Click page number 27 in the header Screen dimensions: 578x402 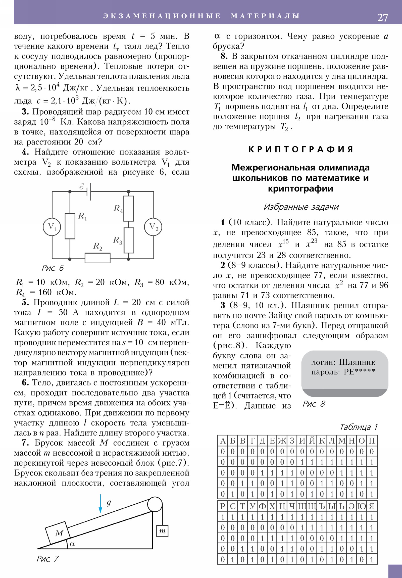tap(382, 18)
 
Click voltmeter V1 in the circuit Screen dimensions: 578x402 tap(52, 227)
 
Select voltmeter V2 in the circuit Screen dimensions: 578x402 tap(153, 227)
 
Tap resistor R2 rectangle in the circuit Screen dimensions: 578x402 tap(97, 258)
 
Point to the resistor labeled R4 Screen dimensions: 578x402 tap(129, 208)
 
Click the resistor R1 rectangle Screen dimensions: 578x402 tap(70, 226)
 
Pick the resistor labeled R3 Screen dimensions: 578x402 tap(129, 240)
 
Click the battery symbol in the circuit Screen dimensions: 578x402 tap(89, 191)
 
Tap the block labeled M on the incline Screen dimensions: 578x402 tap(59, 533)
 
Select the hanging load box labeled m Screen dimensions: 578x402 tap(162, 531)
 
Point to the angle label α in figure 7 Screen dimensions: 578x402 tap(73, 544)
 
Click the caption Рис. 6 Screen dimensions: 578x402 tap(53, 268)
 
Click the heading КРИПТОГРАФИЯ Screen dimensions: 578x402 tap(300, 149)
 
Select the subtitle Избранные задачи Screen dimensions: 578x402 tap(300, 207)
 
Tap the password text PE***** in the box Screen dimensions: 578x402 tap(359, 371)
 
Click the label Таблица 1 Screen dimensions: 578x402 tap(359, 427)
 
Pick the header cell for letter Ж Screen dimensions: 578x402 tap(282, 441)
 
